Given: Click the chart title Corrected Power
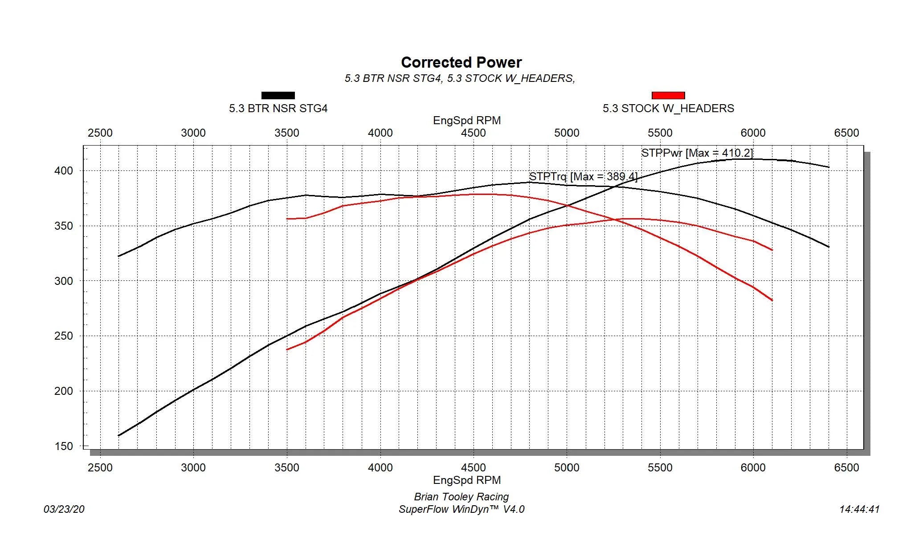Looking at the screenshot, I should pyautogui.click(x=461, y=62).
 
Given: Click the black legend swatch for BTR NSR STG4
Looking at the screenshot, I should pyautogui.click(x=278, y=95).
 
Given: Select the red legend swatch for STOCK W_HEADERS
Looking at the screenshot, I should pyautogui.click(x=668, y=95).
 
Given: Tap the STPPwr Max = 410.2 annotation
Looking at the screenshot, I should pyautogui.click(x=697, y=153).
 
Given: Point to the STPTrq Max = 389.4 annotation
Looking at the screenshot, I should pyautogui.click(x=583, y=177).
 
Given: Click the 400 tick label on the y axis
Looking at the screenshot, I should pyautogui.click(x=63, y=171).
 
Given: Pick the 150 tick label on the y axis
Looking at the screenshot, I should pyautogui.click(x=63, y=446).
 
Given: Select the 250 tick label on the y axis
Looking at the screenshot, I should pyautogui.click(x=63, y=336).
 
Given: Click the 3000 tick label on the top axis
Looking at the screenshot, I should pyautogui.click(x=193, y=133).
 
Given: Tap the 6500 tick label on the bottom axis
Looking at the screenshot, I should pyautogui.click(x=846, y=468).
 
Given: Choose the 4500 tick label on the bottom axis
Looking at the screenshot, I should pyautogui.click(x=473, y=468).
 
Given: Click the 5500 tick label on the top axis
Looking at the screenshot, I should pyautogui.click(x=660, y=133).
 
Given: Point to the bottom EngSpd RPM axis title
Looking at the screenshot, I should pyautogui.click(x=467, y=480).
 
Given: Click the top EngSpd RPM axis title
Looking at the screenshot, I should pyautogui.click(x=467, y=121).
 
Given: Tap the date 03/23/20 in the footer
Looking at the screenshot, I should pyautogui.click(x=64, y=509).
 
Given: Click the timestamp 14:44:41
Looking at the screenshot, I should pyautogui.click(x=859, y=509).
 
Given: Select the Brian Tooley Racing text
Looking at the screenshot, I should pyautogui.click(x=461, y=497).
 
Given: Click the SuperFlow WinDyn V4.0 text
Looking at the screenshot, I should pyautogui.click(x=461, y=509).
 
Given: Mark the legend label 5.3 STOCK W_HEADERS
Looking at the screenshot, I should pyautogui.click(x=668, y=109).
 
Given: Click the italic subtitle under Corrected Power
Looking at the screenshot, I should pyautogui.click(x=460, y=78).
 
